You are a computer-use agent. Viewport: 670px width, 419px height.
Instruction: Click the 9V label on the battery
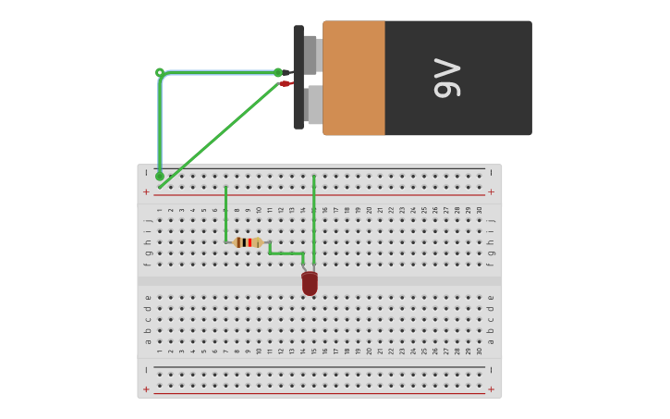(447, 79)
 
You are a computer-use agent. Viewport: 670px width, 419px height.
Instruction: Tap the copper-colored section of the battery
(354, 78)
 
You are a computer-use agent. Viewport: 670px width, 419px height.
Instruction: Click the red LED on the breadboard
(310, 283)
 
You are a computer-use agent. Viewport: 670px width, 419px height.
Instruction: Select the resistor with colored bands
(248, 242)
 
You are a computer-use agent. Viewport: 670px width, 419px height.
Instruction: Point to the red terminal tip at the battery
(286, 83)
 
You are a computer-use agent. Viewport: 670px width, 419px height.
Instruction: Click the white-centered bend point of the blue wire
(160, 72)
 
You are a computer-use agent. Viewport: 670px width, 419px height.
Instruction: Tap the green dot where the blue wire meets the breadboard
(160, 176)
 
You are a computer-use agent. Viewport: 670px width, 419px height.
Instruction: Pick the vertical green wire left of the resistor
(225, 215)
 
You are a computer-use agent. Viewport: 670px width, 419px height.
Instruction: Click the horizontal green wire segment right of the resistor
(286, 253)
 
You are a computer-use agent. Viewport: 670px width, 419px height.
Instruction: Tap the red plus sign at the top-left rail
(146, 192)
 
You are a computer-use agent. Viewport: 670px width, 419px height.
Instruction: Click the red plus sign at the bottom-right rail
(491, 389)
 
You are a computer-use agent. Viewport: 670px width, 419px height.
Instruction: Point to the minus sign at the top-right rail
(491, 173)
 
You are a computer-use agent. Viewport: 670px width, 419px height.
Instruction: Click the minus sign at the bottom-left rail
(146, 370)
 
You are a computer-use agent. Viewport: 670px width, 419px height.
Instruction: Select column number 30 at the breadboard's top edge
(479, 210)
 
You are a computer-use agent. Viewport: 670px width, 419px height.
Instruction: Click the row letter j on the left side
(148, 220)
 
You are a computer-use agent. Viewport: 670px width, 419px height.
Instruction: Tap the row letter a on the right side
(491, 341)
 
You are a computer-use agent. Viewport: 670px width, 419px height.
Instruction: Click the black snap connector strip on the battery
(298, 78)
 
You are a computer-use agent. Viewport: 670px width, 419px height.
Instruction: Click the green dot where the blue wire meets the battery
(278, 72)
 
